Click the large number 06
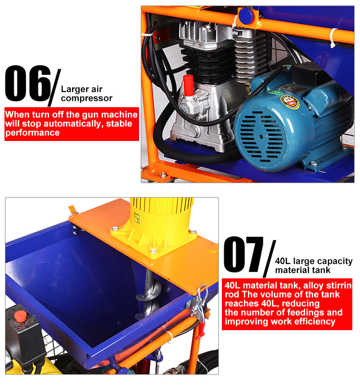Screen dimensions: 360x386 (x=28, y=83)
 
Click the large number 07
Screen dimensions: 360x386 (x=243, y=254)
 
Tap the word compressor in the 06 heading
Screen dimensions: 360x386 (x=86, y=98)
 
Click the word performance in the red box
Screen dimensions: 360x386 (x=32, y=133)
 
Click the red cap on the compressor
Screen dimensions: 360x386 (x=189, y=85)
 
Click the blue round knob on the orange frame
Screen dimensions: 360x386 (x=245, y=16)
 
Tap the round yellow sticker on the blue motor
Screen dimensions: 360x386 (x=290, y=102)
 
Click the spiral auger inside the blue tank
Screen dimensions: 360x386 (x=149, y=293)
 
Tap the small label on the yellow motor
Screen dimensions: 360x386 (x=137, y=218)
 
